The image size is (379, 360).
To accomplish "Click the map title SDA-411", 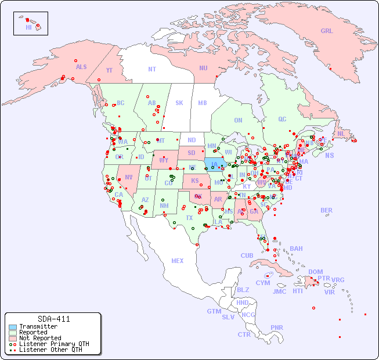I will pos(53,319).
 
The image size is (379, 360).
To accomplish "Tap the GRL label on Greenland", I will pos(327,31).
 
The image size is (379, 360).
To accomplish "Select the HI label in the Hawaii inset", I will pos(28,27).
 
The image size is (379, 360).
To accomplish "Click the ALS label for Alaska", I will pos(81,67).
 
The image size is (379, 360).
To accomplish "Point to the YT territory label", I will pos(109,70).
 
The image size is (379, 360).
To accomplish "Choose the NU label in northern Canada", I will pos(203,68).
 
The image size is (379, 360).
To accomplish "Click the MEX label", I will pos(178,261).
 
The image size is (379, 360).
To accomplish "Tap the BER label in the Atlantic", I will pos(327,210).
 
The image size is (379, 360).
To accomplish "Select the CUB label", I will pos(247,255).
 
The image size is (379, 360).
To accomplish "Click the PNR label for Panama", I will pos(277,327).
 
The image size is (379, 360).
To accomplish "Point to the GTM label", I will pos(214,311).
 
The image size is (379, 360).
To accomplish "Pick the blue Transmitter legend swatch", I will pos(12,327).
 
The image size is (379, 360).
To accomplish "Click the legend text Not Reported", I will pos(40,338).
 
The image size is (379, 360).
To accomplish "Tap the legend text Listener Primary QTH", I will pos(54,344).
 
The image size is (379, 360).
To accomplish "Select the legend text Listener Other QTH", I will pos(50,350).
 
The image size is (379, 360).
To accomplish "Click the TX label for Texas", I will pos(189,218).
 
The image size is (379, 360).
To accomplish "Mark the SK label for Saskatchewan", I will pos(179,103).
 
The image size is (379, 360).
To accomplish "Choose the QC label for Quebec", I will pos(282,119).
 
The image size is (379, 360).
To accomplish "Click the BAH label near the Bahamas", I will pos(296,249).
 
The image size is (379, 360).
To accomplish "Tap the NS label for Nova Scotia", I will pos(329,155).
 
